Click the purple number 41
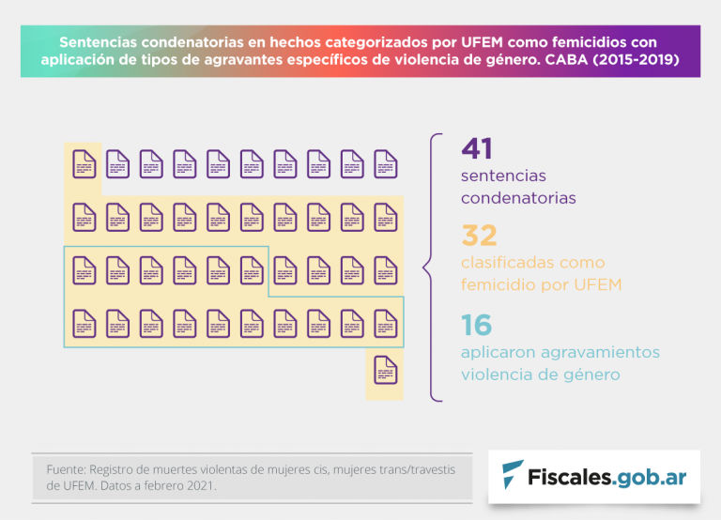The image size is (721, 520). (477, 148)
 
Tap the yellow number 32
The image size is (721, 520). (479, 236)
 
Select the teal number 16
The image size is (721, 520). (477, 325)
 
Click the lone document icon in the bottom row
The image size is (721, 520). (385, 371)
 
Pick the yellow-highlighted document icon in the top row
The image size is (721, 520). (84, 164)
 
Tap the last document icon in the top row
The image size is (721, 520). (385, 164)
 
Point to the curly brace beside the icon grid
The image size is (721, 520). (431, 268)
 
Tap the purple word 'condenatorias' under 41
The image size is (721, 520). (518, 198)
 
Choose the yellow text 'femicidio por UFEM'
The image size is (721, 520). (542, 284)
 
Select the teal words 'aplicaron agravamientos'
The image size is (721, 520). (560, 352)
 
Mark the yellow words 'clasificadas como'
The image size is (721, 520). (532, 263)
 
